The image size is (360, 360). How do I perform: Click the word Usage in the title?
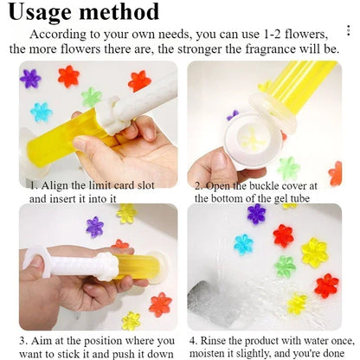coord(54,12)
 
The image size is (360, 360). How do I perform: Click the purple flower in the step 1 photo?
coord(31,79)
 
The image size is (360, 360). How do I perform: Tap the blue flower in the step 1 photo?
coord(41,112)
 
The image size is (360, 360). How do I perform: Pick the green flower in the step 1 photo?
coord(91,97)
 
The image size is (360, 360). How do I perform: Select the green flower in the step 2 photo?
coord(288,167)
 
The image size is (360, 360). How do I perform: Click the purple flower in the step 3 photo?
coord(94,227)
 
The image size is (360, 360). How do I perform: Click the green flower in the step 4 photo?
coord(285,266)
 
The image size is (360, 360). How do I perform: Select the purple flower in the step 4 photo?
coord(256,214)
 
